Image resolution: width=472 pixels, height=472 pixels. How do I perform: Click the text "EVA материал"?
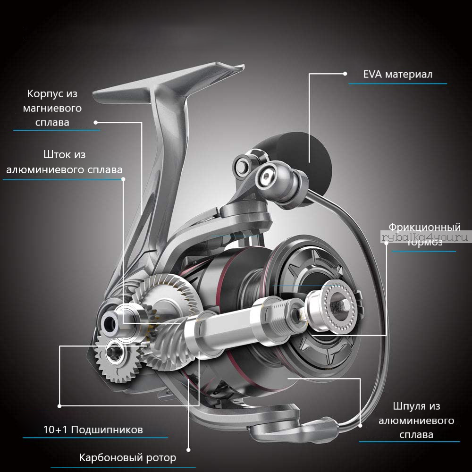[x=397, y=75]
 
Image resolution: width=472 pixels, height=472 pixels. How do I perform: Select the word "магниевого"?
[x=52, y=108]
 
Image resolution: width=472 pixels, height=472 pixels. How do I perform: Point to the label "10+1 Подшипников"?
[x=93, y=430]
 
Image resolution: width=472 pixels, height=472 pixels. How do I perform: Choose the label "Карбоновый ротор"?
[x=127, y=457]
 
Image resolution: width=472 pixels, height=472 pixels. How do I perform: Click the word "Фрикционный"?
[x=424, y=228]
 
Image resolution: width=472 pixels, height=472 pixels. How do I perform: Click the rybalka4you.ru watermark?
[x=426, y=237]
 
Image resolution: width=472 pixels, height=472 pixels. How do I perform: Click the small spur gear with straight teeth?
[x=117, y=356]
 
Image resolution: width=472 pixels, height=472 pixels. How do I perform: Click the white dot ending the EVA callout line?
[x=346, y=74]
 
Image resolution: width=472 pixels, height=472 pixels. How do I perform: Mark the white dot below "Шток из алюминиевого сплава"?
[x=123, y=179]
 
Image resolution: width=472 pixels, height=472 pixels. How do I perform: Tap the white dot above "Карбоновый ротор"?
[x=188, y=450]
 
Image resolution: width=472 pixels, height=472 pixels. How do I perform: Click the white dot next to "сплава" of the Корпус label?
[x=96, y=123]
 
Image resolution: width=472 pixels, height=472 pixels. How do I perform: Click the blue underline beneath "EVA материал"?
[x=397, y=84]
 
